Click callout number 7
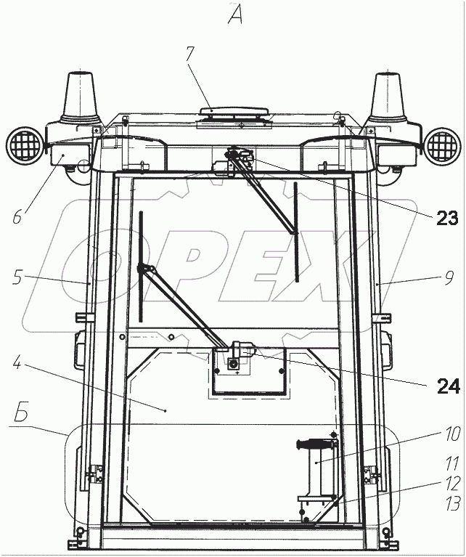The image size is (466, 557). point(190,54)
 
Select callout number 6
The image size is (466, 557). point(17,216)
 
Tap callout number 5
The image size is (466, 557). point(18,277)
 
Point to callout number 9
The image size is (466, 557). point(449,278)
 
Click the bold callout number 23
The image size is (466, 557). point(447,218)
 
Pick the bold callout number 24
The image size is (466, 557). point(449,386)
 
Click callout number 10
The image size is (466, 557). point(453,434)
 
